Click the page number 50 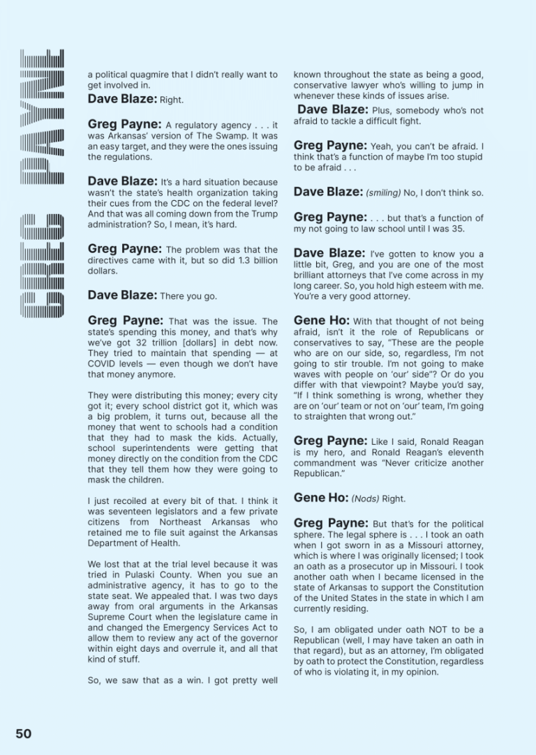point(23,733)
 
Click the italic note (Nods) point(367,499)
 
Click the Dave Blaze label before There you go point(122,295)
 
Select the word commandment point(325,463)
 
